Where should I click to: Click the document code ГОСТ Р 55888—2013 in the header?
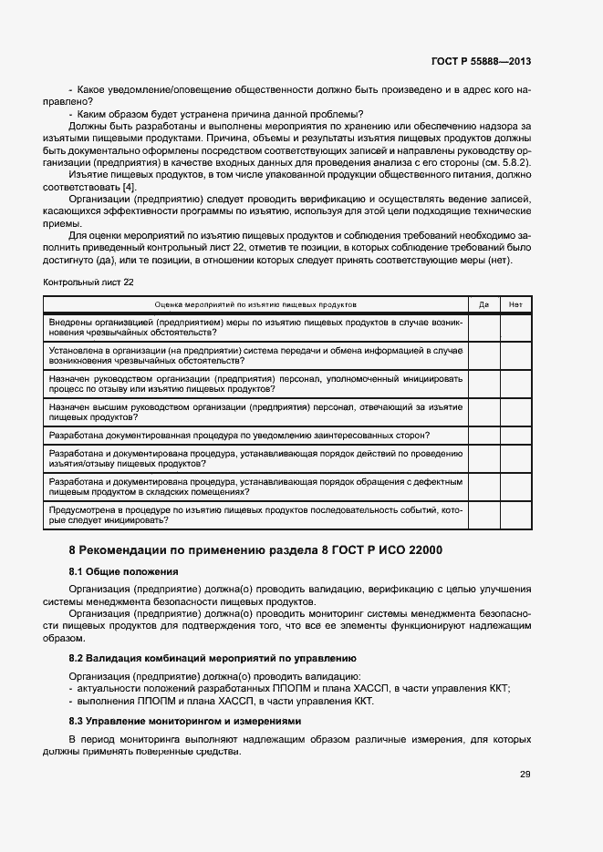[x=481, y=61]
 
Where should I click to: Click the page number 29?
[x=525, y=775]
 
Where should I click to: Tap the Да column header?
[x=483, y=304]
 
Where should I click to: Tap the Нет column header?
[x=515, y=304]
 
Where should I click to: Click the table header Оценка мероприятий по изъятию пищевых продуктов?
[x=255, y=304]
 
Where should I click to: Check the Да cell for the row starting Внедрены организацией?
[x=483, y=327]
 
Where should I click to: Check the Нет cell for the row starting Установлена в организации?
[x=515, y=354]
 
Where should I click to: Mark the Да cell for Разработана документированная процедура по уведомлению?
[x=483, y=436]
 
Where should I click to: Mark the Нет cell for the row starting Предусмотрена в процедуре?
[x=515, y=516]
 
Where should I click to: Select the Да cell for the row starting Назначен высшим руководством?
[x=483, y=411]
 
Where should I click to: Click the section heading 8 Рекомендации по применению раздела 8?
[x=256, y=550]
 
